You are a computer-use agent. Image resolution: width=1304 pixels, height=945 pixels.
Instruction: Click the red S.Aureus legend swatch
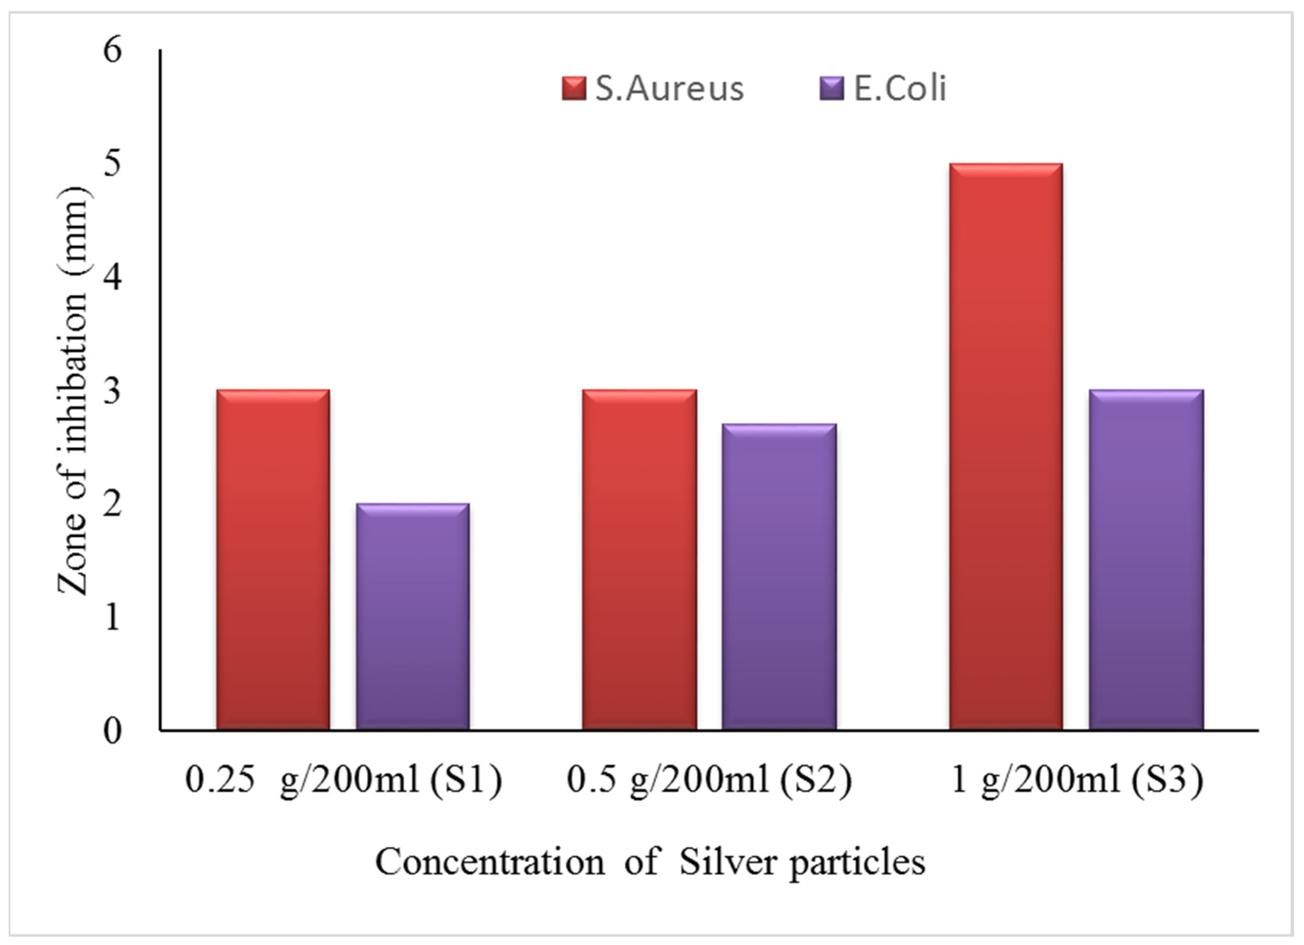click(x=573, y=89)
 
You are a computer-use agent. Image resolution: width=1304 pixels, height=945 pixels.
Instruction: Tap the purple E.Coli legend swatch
click(x=831, y=89)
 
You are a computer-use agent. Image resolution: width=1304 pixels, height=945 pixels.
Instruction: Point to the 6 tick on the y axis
click(x=113, y=50)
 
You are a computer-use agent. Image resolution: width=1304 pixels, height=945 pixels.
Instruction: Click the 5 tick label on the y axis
click(x=113, y=164)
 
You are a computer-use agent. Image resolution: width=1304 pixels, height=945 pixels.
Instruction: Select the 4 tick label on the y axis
click(x=113, y=277)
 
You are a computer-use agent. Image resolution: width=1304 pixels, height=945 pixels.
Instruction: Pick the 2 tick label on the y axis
click(x=113, y=504)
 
